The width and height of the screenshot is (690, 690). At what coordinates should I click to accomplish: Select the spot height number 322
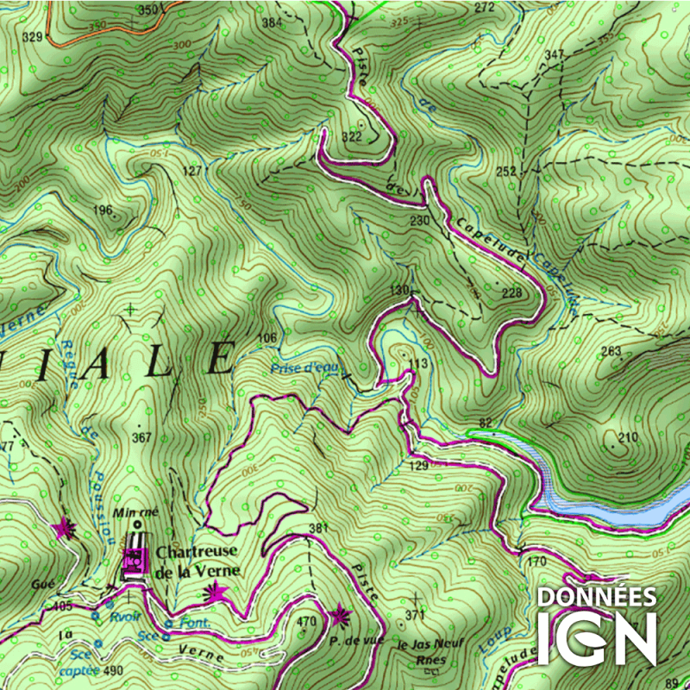pos(351,137)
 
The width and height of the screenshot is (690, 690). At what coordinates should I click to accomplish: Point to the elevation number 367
pos(141,437)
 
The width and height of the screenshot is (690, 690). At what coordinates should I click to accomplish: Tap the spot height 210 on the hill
pos(628,438)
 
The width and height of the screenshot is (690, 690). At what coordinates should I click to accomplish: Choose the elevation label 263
pos(611,351)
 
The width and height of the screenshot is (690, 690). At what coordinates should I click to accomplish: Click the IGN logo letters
pos(597,638)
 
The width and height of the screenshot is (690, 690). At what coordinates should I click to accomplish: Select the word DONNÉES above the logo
pos(597,597)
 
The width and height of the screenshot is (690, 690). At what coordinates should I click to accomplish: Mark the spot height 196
pos(103,210)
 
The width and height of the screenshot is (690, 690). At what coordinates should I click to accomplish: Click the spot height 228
pos(511,294)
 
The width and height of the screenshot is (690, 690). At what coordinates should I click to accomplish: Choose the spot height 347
pos(554,55)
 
